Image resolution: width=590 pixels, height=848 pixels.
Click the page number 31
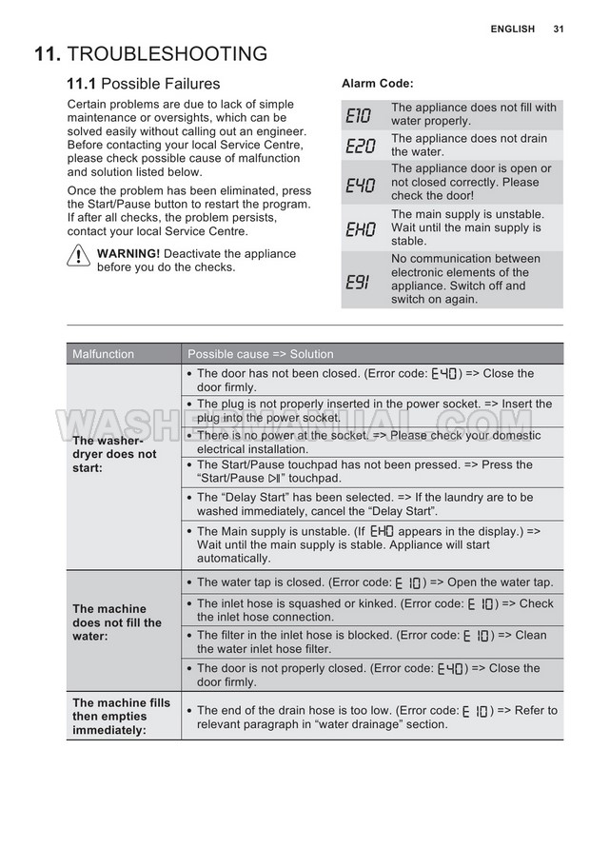coord(559,30)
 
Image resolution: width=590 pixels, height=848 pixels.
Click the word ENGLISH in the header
coord(513,30)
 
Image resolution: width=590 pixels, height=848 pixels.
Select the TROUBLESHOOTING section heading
coord(168,54)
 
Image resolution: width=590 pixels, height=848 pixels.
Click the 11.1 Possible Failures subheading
coord(143,84)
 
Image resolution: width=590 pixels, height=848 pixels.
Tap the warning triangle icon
coord(79,259)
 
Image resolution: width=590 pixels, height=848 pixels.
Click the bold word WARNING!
coord(128,254)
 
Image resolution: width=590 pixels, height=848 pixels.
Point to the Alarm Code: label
coord(377,84)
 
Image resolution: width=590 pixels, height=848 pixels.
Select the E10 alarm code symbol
coord(361,115)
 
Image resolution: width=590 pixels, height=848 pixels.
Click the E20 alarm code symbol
coord(361,146)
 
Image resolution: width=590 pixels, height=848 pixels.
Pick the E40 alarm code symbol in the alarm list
coord(361,183)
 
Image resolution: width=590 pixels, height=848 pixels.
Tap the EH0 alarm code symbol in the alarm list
coord(361,228)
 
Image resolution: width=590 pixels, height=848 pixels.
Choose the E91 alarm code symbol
coord(359,280)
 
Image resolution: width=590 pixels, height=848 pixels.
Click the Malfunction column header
coord(104,354)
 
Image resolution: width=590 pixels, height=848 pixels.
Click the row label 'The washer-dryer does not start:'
coord(114,454)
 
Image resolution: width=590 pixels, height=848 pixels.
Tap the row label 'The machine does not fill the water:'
coord(117,622)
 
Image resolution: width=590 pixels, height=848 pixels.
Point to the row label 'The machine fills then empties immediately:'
coord(121,717)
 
